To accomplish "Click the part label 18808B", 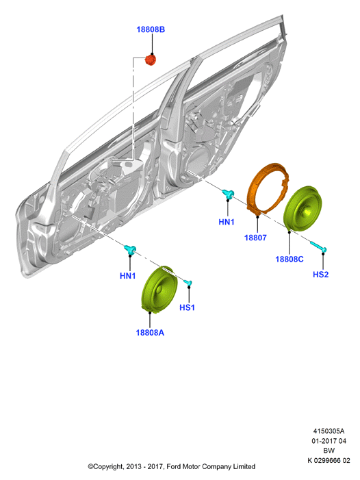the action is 151,29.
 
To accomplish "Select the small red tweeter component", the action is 151,60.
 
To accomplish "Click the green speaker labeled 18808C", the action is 303,208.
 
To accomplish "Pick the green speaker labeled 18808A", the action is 159,289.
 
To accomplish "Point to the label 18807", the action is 255,238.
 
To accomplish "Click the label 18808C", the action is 290,260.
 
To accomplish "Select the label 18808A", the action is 150,333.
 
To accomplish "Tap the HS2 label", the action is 320,275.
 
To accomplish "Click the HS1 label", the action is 187,307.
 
